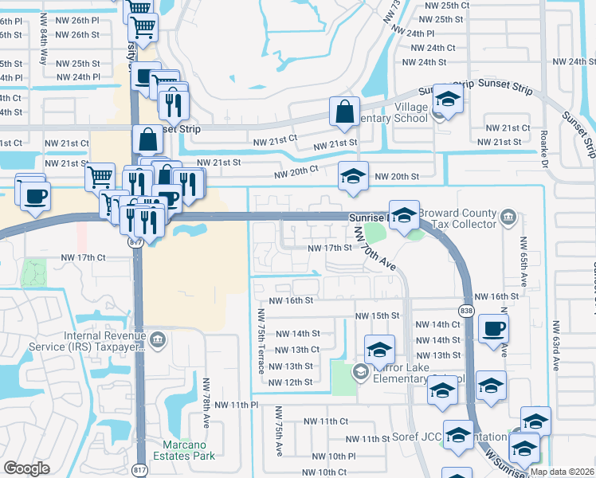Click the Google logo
point(26,468)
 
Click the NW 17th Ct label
point(84,257)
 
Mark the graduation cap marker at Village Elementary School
point(449,100)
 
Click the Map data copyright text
point(562,472)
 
